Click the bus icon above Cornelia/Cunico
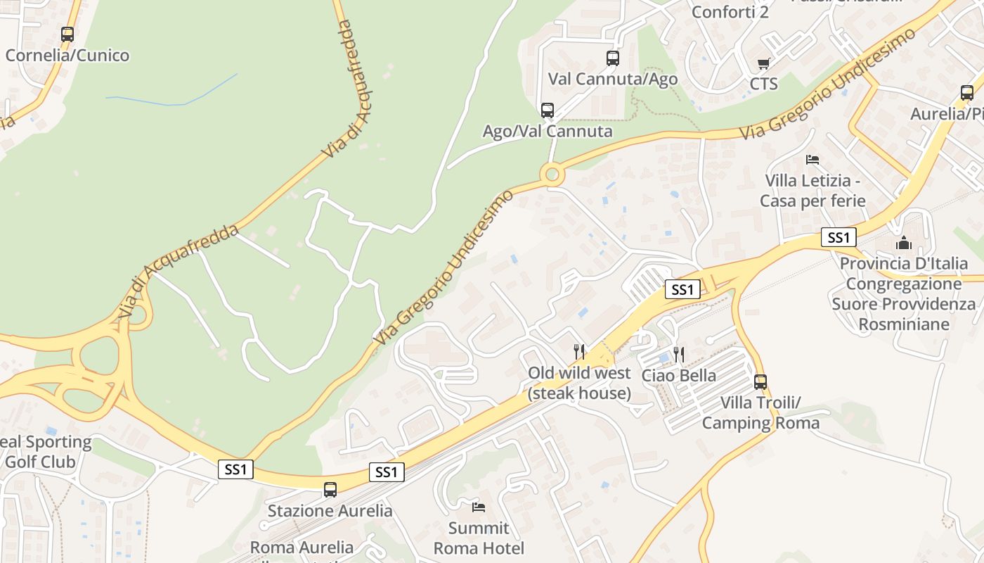tap(67, 34)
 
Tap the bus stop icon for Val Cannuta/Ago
tap(613, 58)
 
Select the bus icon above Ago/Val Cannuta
tap(548, 110)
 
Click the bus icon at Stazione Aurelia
tap(330, 490)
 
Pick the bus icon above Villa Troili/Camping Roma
tap(760, 382)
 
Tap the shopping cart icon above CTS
tap(764, 64)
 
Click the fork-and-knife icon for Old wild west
tap(579, 351)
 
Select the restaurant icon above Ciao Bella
tap(678, 354)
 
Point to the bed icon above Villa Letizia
tap(813, 160)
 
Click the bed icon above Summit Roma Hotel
tap(479, 507)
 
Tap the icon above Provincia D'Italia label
tap(904, 243)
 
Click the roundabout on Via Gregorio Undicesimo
tap(552, 173)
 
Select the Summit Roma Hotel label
tap(479, 538)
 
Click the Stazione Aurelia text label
tap(330, 510)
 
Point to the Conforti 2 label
tap(730, 12)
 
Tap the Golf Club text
tap(40, 462)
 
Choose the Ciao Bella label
tap(679, 376)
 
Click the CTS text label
tap(764, 84)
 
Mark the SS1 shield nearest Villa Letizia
tap(839, 237)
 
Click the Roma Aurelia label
tap(302, 548)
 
